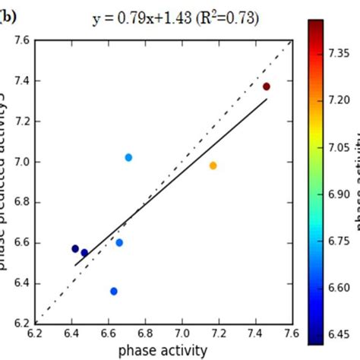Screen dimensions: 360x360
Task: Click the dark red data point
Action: tap(267, 87)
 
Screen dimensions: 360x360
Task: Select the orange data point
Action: tap(213, 166)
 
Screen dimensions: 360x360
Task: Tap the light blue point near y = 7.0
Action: tap(128, 157)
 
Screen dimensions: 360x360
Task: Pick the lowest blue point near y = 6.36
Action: tap(114, 291)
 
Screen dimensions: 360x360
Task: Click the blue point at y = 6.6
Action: tap(119, 242)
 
